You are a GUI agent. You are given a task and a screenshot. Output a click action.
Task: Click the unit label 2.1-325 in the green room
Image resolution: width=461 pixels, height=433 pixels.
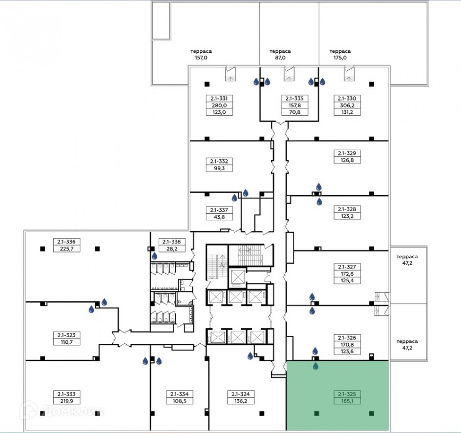(x=347, y=394)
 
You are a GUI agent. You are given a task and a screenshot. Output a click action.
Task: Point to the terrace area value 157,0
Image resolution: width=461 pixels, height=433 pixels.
(x=201, y=58)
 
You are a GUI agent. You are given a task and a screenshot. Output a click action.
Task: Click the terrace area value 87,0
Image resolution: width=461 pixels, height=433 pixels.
(x=280, y=58)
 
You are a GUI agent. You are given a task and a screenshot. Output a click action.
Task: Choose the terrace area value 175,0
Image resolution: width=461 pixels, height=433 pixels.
(x=340, y=58)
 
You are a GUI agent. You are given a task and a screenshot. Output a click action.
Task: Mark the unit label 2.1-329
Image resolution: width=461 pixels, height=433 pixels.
(x=347, y=153)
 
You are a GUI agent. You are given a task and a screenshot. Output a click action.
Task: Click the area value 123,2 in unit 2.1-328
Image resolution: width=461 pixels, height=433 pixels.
(x=347, y=216)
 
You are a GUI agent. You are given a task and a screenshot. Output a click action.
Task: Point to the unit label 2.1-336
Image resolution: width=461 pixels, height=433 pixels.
(x=67, y=242)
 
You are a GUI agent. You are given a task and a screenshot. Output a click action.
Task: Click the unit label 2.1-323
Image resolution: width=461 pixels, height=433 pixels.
(x=67, y=335)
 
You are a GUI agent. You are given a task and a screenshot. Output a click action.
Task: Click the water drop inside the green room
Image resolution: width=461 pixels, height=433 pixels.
(x=316, y=366)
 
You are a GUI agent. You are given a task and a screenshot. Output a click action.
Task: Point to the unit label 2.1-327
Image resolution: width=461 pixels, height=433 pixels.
(x=347, y=267)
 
